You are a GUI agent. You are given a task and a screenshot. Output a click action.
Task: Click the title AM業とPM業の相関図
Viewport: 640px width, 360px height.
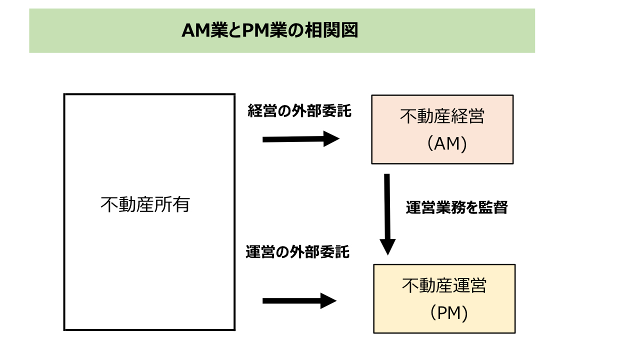269,31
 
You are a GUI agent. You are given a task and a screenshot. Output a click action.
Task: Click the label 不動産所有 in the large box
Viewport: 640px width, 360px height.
145,204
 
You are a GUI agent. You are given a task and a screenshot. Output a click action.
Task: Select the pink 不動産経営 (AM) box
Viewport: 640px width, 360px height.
442,129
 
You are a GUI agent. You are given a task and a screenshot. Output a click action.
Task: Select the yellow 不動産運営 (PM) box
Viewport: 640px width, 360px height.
444,298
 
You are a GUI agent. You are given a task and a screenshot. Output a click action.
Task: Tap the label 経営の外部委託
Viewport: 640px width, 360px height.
299,111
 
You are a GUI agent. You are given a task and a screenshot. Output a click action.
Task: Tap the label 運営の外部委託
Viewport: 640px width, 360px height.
297,252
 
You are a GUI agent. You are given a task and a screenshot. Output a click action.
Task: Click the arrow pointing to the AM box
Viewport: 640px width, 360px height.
300,139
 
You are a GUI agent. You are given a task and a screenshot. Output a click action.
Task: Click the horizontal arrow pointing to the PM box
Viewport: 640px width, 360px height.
299,300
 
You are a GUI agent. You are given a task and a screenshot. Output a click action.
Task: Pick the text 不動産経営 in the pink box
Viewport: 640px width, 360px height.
442,117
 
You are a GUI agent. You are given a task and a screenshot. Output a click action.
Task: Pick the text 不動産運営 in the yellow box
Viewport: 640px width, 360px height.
444,285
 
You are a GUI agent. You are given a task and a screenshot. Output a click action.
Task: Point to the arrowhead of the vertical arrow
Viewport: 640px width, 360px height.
387,246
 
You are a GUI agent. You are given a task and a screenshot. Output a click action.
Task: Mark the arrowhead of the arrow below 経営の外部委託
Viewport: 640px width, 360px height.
331,138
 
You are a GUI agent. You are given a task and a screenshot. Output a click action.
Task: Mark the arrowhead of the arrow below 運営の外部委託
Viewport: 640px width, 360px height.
328,300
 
